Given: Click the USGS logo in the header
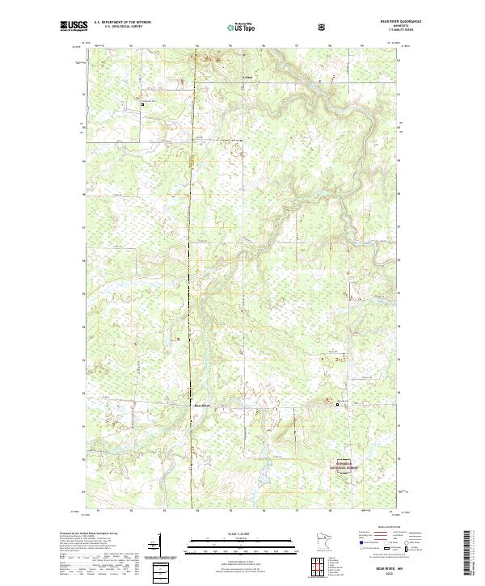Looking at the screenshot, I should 74,27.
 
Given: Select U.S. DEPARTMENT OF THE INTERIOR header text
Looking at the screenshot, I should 122,22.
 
